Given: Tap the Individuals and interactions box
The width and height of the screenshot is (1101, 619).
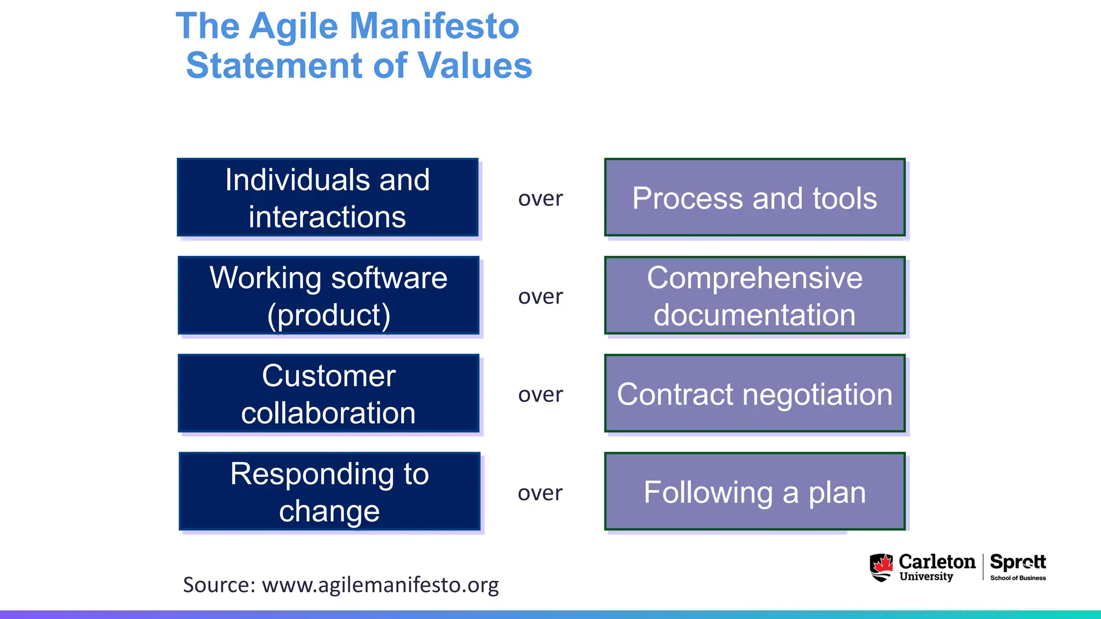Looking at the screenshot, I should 327,198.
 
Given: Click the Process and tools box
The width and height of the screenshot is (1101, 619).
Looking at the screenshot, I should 754,198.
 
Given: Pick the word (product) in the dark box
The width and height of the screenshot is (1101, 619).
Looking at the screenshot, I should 328,315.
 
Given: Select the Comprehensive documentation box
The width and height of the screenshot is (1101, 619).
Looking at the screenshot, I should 754,296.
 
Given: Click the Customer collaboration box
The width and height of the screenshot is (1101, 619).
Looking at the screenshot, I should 328,393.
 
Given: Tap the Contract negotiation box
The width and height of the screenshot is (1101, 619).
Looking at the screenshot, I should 754,393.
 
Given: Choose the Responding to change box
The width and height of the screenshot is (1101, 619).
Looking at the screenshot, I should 329,491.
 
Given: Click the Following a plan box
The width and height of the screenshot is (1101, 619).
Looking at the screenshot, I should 754,491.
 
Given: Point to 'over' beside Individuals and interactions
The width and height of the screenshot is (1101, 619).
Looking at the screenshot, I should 540,199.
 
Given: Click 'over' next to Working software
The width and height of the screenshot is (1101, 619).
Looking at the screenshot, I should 540,297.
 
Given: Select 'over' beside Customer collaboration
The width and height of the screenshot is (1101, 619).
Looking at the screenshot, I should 540,394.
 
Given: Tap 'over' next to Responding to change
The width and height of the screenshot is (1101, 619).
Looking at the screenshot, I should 540,493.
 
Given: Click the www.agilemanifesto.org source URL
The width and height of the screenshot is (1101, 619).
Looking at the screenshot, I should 380,585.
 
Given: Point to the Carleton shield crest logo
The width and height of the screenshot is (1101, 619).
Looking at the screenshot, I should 881,567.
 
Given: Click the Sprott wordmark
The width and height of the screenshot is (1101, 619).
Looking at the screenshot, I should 1018,562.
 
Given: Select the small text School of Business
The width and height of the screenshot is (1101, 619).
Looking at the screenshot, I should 1018,578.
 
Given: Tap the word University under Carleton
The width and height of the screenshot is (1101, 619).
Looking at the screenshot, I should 926,577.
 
